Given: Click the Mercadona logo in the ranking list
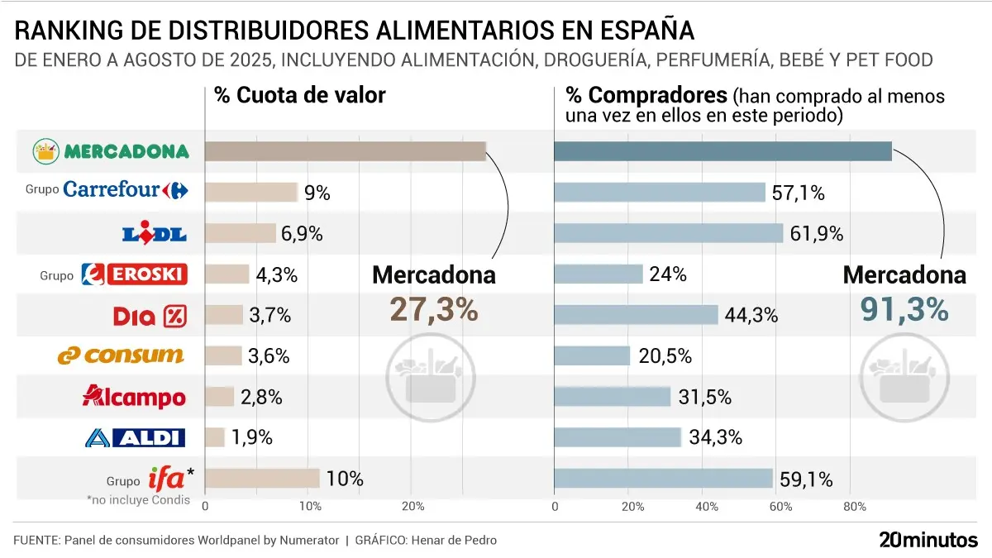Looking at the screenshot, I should [x=111, y=151].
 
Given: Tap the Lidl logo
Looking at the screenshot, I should [x=155, y=233].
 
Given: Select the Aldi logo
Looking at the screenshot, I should [x=135, y=437].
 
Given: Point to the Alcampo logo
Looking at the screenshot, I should [x=134, y=397].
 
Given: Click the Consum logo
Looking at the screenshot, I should [x=121, y=355].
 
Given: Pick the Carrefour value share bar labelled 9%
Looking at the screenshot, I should [x=250, y=193].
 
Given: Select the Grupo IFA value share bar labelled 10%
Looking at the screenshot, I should [x=261, y=478].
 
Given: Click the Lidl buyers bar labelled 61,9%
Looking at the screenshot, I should [x=668, y=233].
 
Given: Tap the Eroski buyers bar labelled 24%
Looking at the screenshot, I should [x=598, y=274].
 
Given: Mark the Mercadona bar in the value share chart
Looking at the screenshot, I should [x=345, y=151].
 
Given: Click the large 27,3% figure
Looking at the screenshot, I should [x=433, y=309].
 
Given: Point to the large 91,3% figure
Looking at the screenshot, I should [x=904, y=309].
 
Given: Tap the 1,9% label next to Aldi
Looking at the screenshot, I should [x=252, y=437].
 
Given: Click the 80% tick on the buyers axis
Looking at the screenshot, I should [x=855, y=506].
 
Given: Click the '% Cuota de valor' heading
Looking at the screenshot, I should [x=299, y=95].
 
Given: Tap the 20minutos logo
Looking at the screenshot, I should [x=928, y=540].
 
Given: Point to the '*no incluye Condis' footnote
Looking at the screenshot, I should [x=138, y=499].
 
